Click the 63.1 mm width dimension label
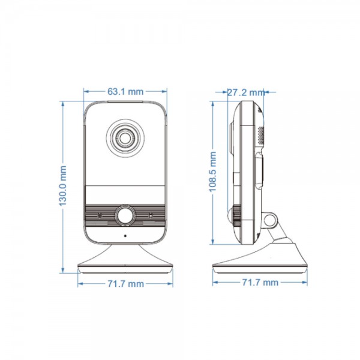point(125,92)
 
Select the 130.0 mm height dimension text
point(62,187)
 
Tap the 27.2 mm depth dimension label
point(245,92)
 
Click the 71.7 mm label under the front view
point(125,283)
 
